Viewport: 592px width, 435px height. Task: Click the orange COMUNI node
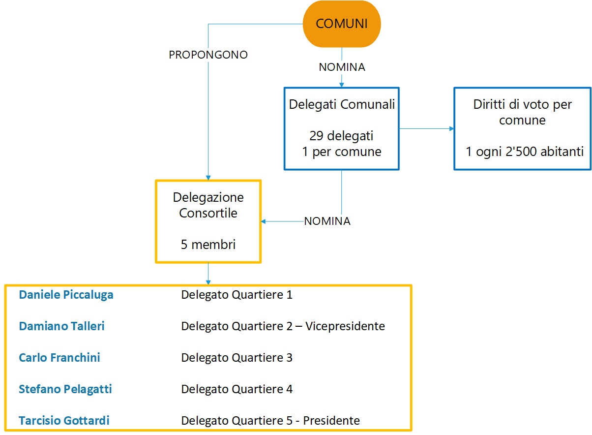pos(341,24)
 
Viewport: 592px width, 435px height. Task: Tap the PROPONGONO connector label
pos(208,55)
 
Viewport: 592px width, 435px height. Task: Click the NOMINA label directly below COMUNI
pos(342,67)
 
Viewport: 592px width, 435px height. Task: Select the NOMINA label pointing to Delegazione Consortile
pos(327,221)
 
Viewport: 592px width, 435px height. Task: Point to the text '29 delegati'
pos(342,136)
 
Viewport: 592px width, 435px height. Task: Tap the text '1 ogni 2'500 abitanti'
pos(525,152)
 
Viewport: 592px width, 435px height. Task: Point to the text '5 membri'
pos(208,244)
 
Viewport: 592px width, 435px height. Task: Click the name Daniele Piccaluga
pos(66,295)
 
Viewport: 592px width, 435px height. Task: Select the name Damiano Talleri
pos(61,326)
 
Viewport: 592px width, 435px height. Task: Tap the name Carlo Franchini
pos(59,358)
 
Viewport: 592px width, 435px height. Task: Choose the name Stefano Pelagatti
pos(65,389)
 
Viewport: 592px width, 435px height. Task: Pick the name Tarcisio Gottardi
pos(64,421)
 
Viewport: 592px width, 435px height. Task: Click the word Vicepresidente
pos(345,326)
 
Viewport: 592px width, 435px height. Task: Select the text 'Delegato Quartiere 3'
pos(237,358)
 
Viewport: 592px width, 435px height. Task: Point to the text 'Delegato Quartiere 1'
pos(237,295)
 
